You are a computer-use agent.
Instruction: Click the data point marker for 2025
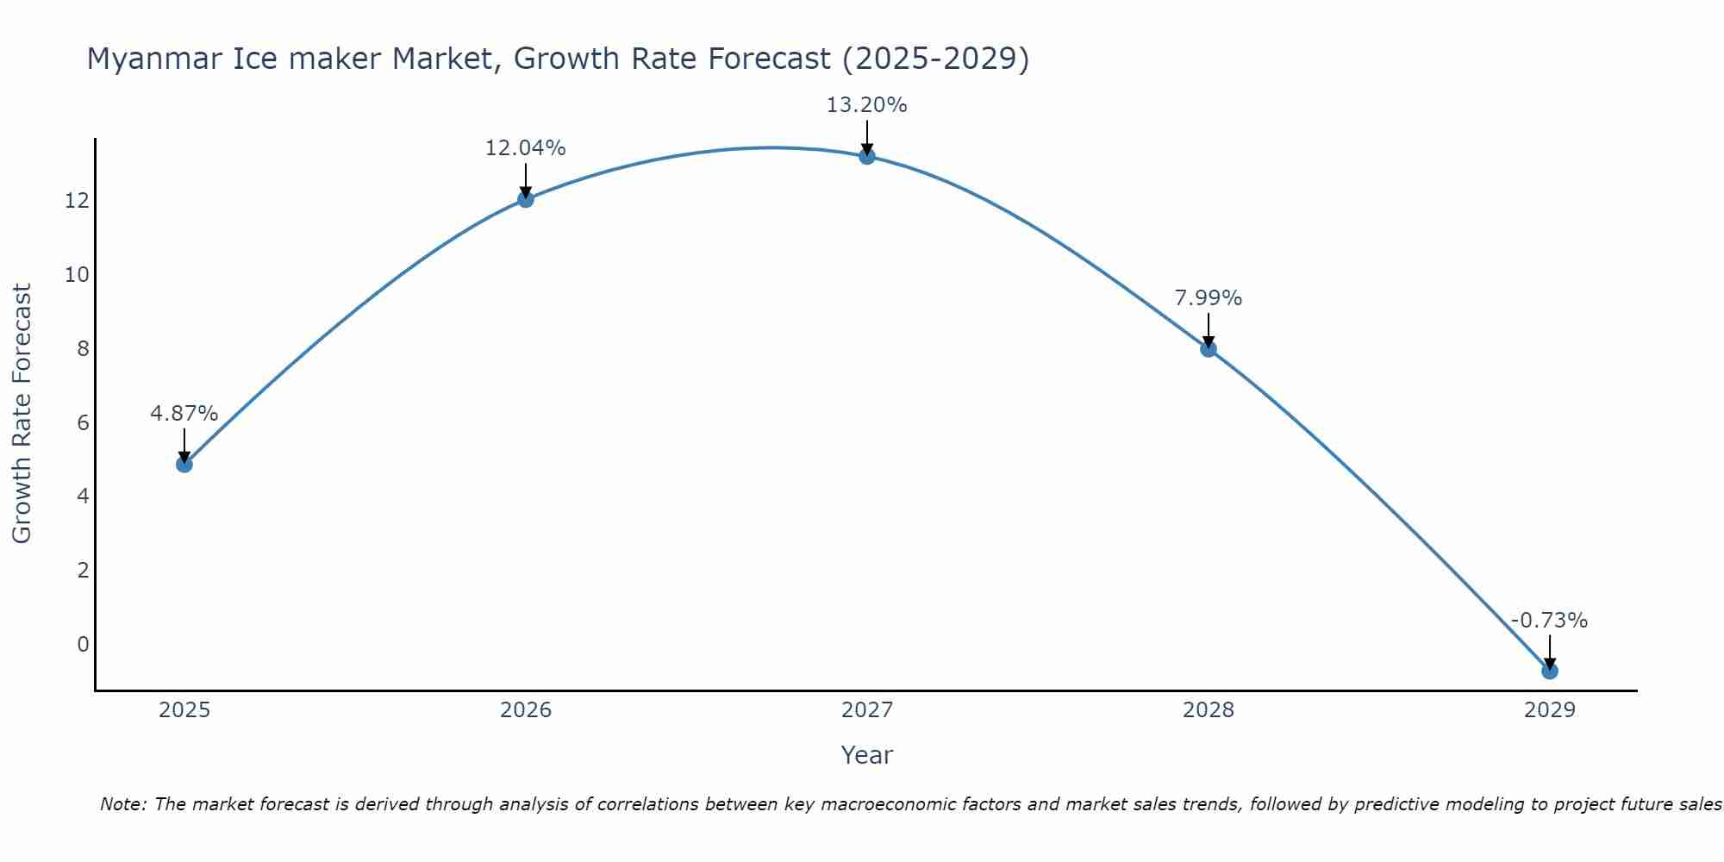pyautogui.click(x=184, y=464)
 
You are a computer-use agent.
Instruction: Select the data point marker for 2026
pyautogui.click(x=525, y=199)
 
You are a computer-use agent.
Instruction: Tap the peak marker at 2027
pyautogui.click(x=866, y=156)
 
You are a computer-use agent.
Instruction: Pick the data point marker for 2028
pyautogui.click(x=1208, y=348)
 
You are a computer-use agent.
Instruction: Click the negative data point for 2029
pyautogui.click(x=1549, y=671)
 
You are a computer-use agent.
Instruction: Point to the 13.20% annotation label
pyautogui.click(x=866, y=105)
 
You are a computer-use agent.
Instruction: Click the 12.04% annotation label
pyautogui.click(x=525, y=148)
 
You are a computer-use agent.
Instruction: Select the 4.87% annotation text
pyautogui.click(x=184, y=414)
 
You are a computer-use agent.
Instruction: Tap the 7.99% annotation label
pyautogui.click(x=1208, y=298)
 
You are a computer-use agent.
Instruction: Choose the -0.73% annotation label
pyautogui.click(x=1549, y=621)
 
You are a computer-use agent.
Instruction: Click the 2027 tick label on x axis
pyautogui.click(x=866, y=710)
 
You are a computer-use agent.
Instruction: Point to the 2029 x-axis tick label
pyautogui.click(x=1549, y=710)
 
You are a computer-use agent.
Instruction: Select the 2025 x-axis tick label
pyautogui.click(x=184, y=710)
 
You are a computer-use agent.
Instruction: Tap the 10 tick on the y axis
pyautogui.click(x=77, y=275)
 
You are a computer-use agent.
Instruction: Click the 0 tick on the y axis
pyautogui.click(x=83, y=645)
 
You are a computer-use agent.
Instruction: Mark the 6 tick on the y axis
pyautogui.click(x=83, y=422)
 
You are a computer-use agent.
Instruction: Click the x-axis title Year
pyautogui.click(x=866, y=755)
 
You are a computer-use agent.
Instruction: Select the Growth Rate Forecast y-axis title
pyautogui.click(x=22, y=414)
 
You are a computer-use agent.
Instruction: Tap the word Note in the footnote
pyautogui.click(x=122, y=804)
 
